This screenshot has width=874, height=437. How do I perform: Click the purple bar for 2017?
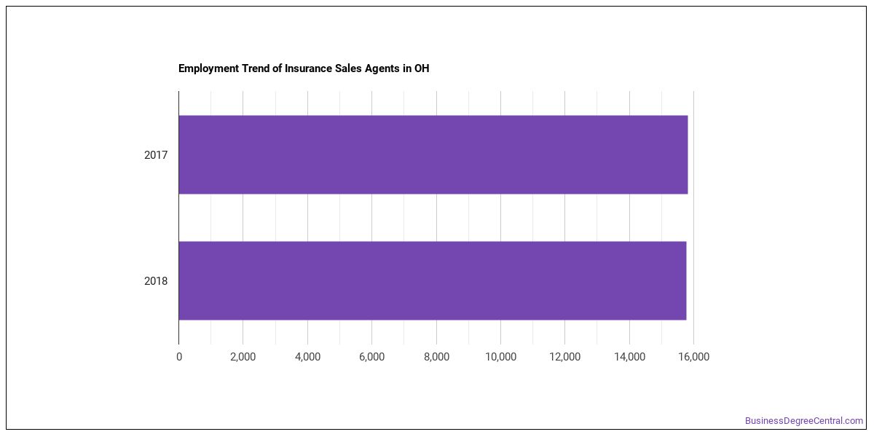433,154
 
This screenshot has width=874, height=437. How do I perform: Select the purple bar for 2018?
433,280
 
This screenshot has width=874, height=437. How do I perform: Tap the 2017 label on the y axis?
156,155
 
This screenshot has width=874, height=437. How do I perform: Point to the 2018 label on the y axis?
156,281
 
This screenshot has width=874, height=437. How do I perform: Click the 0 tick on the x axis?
179,357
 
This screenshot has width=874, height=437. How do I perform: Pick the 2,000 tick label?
243,357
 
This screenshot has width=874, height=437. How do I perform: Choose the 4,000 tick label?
307,357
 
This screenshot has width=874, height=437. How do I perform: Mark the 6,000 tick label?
372,357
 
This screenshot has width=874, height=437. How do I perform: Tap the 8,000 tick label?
436,357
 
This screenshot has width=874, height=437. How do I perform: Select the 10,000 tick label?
500,357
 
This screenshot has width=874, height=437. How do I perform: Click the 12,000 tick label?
565,357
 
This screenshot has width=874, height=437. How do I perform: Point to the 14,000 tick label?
629,357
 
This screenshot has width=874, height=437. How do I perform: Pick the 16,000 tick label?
693,357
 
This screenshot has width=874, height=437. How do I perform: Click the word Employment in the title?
208,68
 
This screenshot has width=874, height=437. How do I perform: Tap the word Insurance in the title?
308,68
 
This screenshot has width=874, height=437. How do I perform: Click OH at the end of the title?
422,68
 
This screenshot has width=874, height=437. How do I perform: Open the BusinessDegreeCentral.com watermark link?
804,421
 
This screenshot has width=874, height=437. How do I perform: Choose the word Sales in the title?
348,68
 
